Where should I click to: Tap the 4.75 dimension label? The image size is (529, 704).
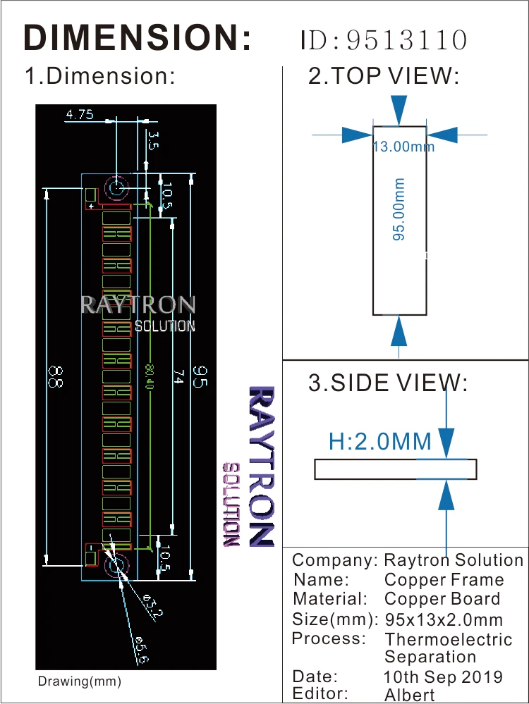pyautogui.click(x=79, y=114)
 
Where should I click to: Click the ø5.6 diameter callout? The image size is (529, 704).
pyautogui.click(x=140, y=648)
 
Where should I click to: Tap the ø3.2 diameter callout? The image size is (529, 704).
pyautogui.click(x=152, y=605)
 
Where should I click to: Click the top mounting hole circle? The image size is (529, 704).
pyautogui.click(x=116, y=189)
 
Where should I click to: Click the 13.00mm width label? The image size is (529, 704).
pyautogui.click(x=403, y=147)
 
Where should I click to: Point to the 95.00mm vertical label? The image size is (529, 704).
pyautogui.click(x=399, y=209)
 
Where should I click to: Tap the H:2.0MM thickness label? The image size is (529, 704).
pyautogui.click(x=380, y=442)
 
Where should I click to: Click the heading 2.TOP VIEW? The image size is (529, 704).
pyautogui.click(x=384, y=76)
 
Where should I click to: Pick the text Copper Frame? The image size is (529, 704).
pyautogui.click(x=444, y=580)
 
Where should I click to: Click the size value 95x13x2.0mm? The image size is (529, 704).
pyautogui.click(x=444, y=620)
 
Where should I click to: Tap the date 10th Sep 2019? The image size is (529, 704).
pyautogui.click(x=444, y=677)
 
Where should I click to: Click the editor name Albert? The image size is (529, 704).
pyautogui.click(x=410, y=695)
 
